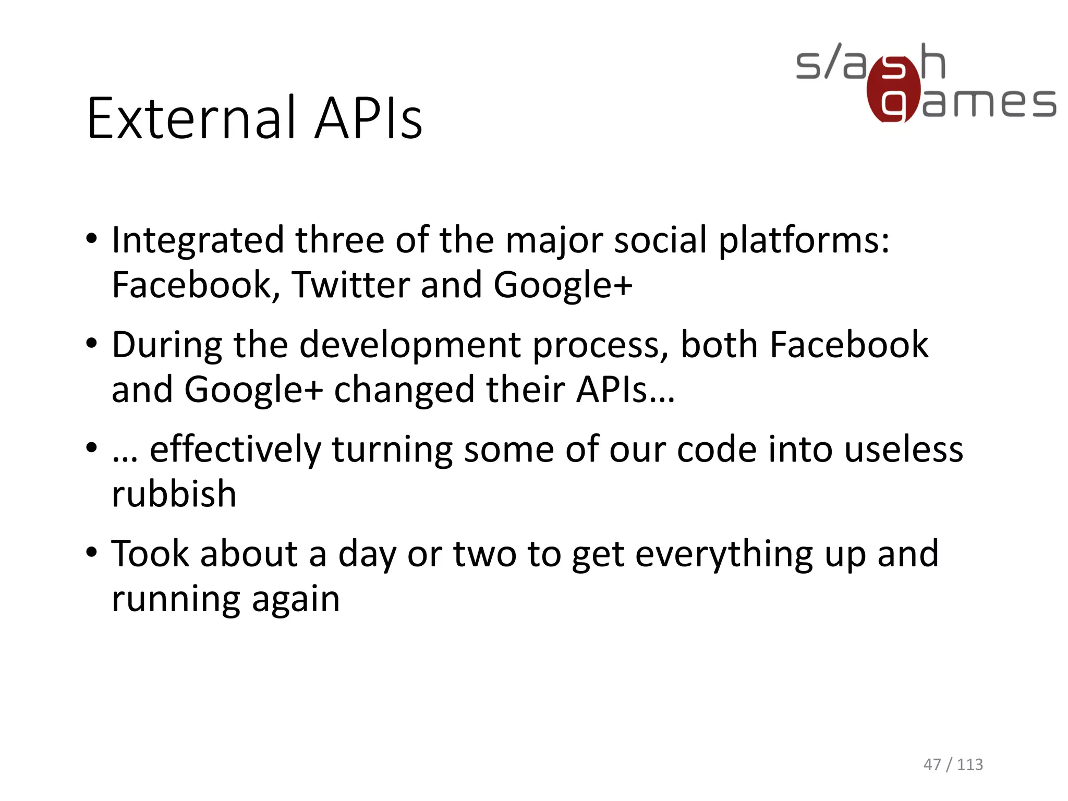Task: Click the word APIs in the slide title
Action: pyautogui.click(x=369, y=119)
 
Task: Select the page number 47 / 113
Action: pyautogui.click(x=953, y=764)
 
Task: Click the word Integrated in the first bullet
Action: pyautogui.click(x=198, y=241)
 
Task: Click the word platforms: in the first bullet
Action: pyautogui.click(x=804, y=241)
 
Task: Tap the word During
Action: pyautogui.click(x=167, y=345)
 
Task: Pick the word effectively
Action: pyautogui.click(x=236, y=450)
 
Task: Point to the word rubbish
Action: pyautogui.click(x=174, y=494)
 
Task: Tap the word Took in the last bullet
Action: pyautogui.click(x=150, y=554)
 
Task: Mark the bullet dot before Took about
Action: pyautogui.click(x=92, y=552)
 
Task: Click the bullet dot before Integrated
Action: pyautogui.click(x=92, y=239)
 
